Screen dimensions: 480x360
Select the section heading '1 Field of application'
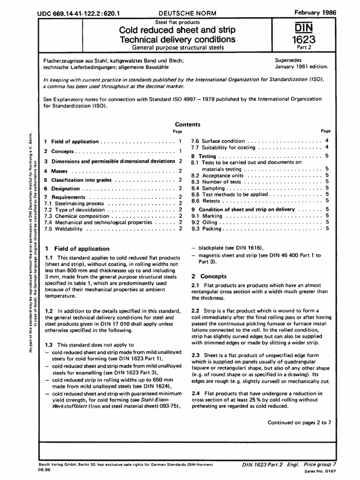76,249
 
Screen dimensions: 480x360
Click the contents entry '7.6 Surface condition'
218,141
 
